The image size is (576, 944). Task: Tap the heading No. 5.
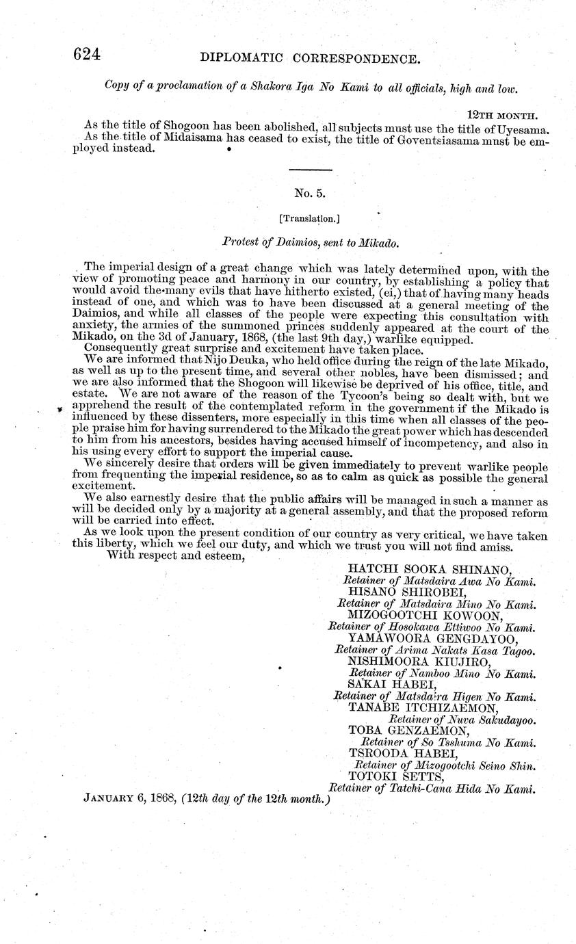(310, 194)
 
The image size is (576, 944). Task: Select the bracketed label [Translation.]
(310, 218)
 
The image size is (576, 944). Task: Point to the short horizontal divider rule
(310, 170)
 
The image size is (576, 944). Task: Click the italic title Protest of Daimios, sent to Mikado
(310, 242)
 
